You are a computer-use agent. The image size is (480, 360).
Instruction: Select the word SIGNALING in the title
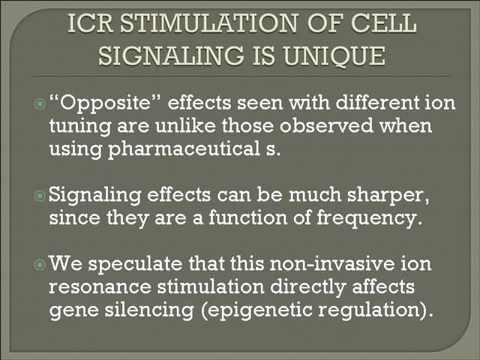click(172, 55)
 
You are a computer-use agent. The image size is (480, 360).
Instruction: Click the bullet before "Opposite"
click(40, 104)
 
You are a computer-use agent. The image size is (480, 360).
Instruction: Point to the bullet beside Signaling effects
click(40, 196)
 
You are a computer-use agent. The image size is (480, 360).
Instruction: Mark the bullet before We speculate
click(40, 264)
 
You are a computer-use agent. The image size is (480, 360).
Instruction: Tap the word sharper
click(388, 195)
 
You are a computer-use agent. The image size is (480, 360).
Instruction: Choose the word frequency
click(367, 218)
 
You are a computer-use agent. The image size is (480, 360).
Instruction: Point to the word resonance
click(100, 287)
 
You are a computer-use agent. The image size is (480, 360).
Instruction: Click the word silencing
click(149, 310)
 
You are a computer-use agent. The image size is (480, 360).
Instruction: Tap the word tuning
click(79, 126)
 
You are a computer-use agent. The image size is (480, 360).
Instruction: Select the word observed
click(326, 125)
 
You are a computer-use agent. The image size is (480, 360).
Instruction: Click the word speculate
click(135, 264)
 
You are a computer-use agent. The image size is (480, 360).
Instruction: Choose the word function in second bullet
click(248, 217)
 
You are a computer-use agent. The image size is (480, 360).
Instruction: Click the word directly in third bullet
click(307, 287)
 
